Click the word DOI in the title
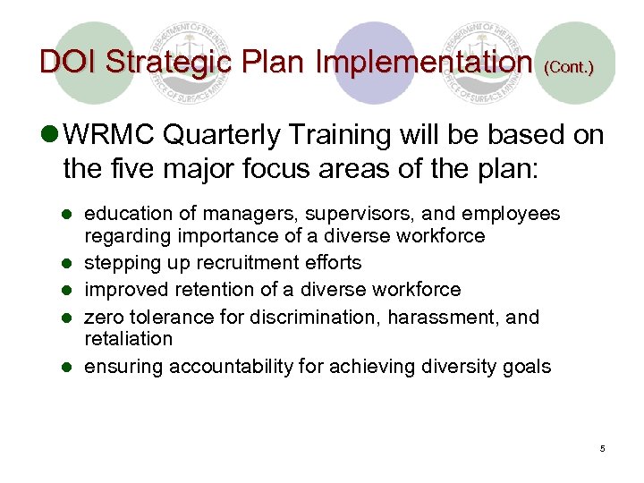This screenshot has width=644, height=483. click(68, 62)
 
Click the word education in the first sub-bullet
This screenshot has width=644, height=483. click(128, 214)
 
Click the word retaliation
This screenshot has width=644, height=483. click(128, 339)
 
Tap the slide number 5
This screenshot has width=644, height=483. click(602, 448)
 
